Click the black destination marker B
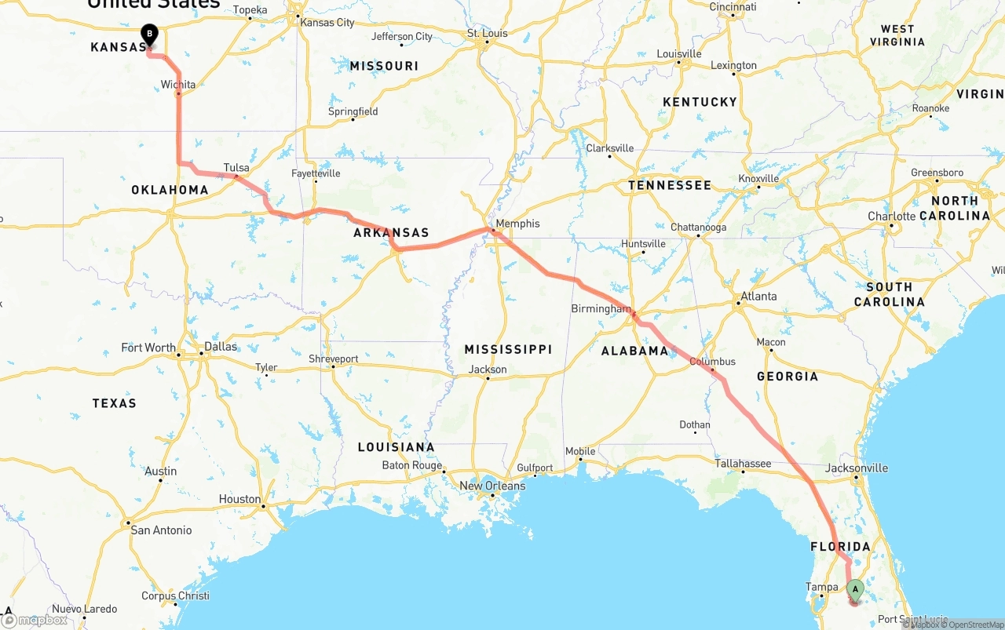point(149,35)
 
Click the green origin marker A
point(855,589)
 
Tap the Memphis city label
point(517,224)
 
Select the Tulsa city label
point(236,168)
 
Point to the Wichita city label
point(178,85)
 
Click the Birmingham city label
point(601,309)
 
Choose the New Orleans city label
point(492,486)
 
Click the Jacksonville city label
point(857,468)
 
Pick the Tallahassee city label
point(743,464)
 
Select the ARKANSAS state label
point(391,233)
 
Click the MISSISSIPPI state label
point(508,349)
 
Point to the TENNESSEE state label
point(670,186)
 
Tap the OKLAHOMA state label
point(170,190)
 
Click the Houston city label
point(239,499)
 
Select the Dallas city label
point(220,347)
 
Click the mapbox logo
point(35,620)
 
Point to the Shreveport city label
point(334,359)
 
